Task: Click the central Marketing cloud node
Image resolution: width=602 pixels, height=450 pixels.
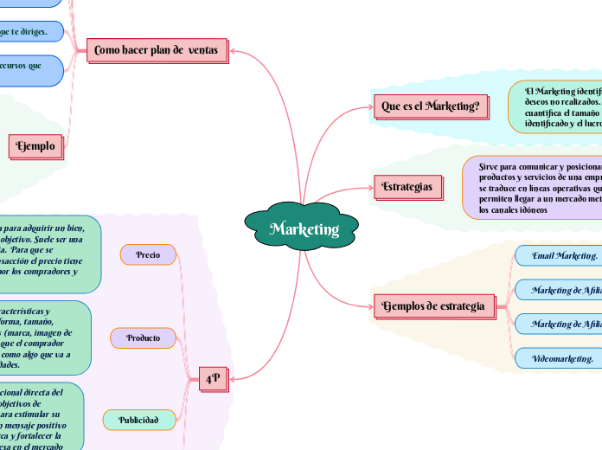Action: pyautogui.click(x=303, y=228)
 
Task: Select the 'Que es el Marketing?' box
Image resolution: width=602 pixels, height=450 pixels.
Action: pyautogui.click(x=430, y=106)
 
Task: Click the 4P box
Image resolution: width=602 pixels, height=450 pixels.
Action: pyautogui.click(x=213, y=378)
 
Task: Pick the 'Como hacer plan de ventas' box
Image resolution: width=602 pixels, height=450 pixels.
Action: pyautogui.click(x=157, y=51)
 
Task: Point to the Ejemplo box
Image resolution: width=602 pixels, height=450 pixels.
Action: pyautogui.click(x=35, y=146)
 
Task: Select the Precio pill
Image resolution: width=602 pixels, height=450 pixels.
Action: pyautogui.click(x=148, y=254)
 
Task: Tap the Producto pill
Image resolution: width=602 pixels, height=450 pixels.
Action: pyautogui.click(x=143, y=337)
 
